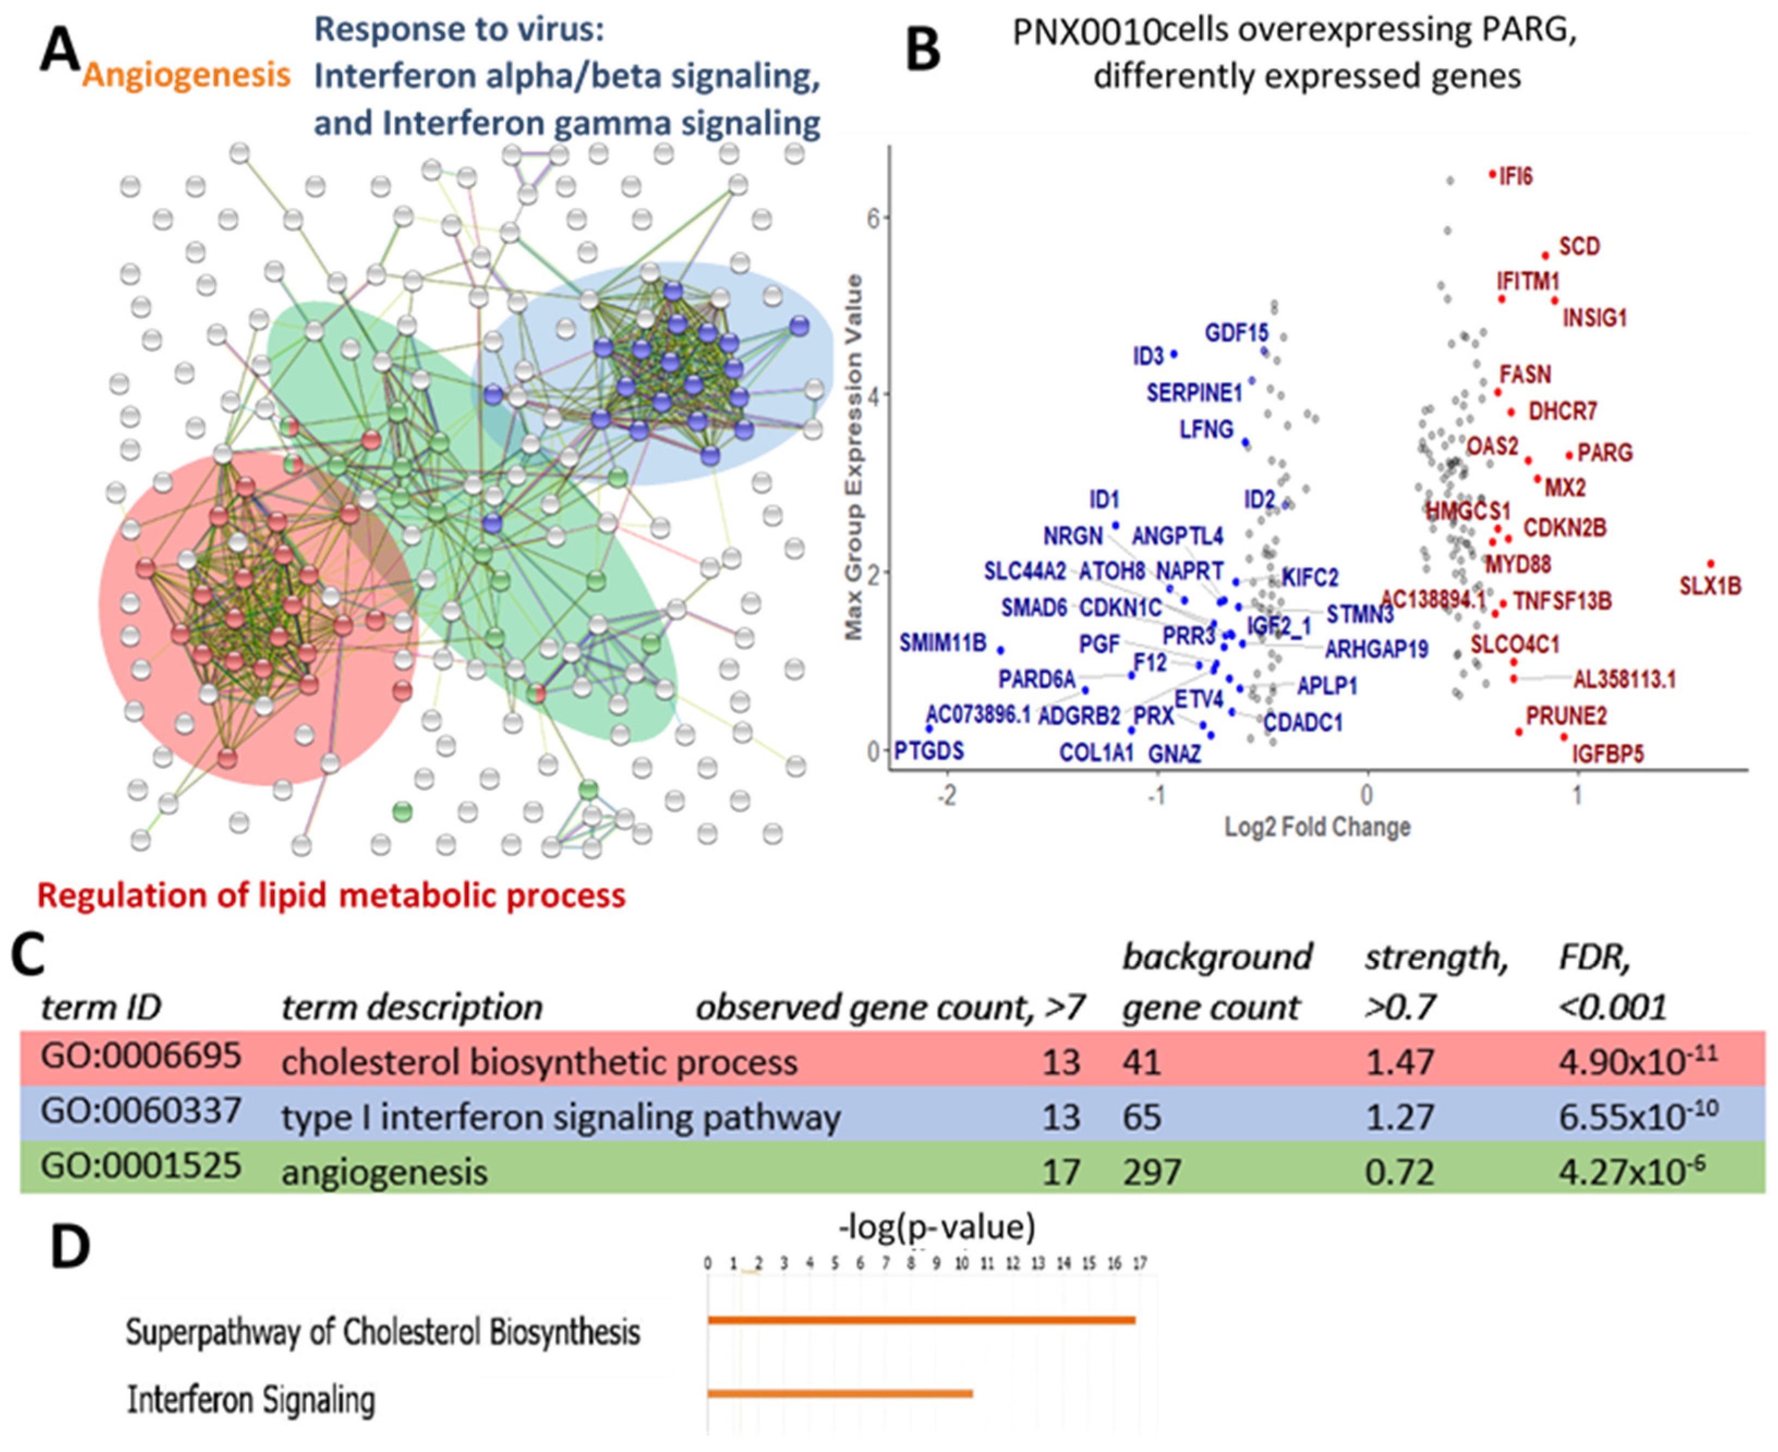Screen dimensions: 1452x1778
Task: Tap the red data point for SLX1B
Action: click(1710, 564)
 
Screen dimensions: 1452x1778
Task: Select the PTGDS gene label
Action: click(929, 751)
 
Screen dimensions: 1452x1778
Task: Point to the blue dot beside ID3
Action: click(1174, 354)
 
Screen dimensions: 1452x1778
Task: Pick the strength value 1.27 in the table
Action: click(1399, 1117)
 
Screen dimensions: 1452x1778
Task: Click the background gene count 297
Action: click(1152, 1172)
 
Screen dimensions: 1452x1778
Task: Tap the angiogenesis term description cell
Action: click(384, 1172)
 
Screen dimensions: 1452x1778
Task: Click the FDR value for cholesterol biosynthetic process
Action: click(1637, 1061)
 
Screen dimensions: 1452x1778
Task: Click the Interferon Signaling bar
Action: click(840, 1394)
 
